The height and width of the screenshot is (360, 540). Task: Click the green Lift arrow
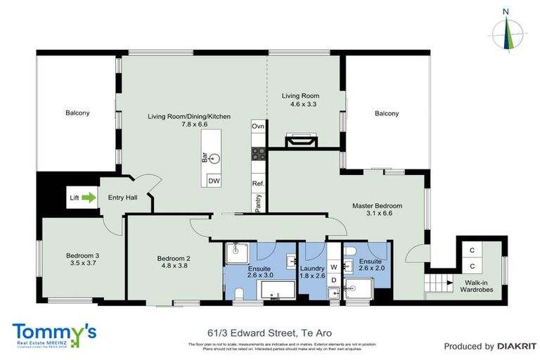click(x=88, y=198)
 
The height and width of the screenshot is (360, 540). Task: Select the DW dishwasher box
click(x=213, y=181)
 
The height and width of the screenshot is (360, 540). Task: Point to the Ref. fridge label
click(x=258, y=184)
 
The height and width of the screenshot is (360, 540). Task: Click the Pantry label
click(x=258, y=204)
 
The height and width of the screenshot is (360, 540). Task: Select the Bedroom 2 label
click(x=173, y=258)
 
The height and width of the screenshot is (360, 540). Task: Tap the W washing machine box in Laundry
click(x=334, y=267)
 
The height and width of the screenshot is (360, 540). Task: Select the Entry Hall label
click(x=122, y=198)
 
